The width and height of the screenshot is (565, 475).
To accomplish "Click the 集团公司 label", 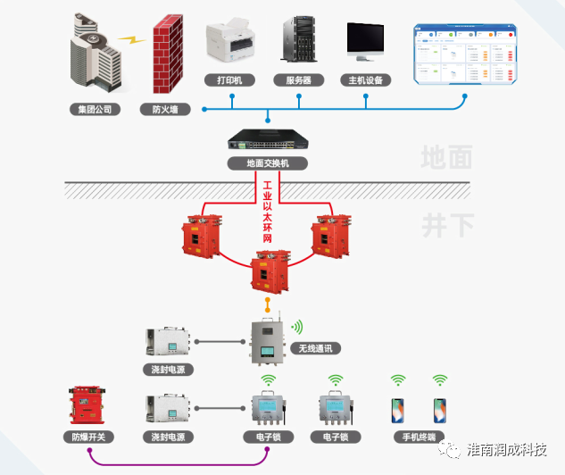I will (94, 110).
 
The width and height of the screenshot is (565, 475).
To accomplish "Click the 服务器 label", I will (304, 80).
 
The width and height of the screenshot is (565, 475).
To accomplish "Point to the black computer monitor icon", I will (366, 41).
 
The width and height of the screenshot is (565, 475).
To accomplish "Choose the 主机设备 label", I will (366, 80).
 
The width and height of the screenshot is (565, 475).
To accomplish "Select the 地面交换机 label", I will (268, 163).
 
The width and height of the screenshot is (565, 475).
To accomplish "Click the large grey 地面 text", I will (446, 158).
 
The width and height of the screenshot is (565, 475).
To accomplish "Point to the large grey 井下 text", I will (446, 224).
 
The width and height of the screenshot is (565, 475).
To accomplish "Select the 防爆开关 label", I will (88, 437).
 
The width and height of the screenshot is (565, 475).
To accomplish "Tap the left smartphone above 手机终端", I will (398, 410).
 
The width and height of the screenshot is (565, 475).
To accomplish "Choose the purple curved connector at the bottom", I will (179, 462).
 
